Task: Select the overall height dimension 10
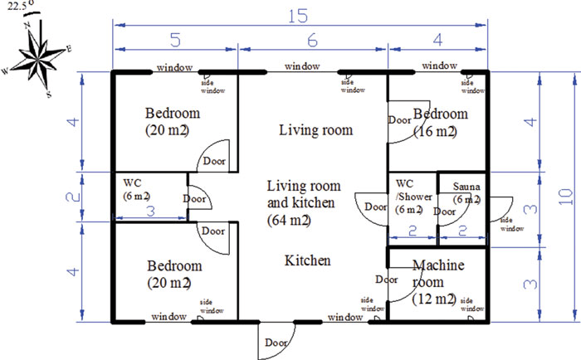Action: click(x=573, y=197)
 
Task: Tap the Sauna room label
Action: click(x=466, y=192)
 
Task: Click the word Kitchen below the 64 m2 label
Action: click(x=308, y=260)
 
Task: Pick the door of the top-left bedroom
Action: click(x=213, y=159)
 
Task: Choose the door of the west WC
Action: click(x=198, y=200)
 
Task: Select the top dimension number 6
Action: click(x=311, y=40)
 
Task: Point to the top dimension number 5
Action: click(x=176, y=40)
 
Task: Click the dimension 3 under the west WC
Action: click(x=150, y=212)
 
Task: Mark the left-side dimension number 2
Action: click(x=72, y=197)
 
